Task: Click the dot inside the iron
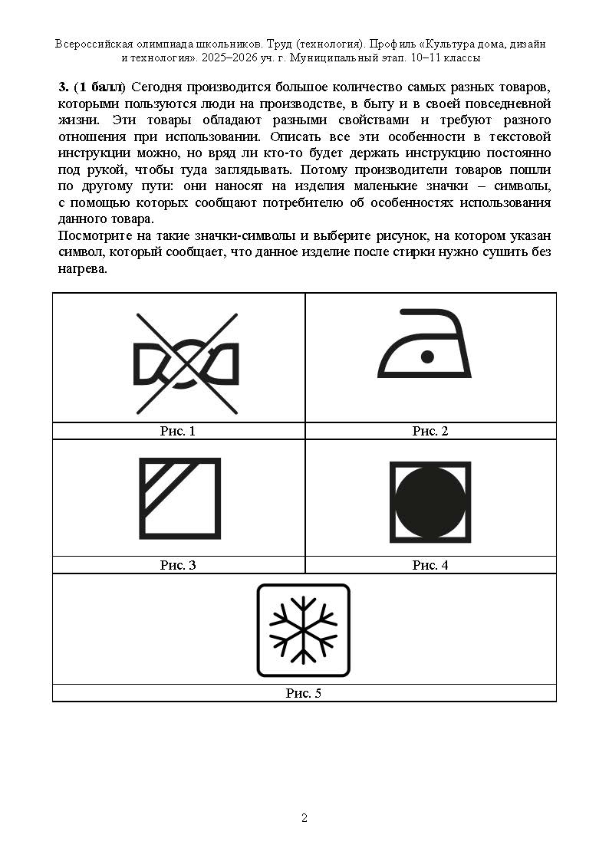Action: click(x=428, y=356)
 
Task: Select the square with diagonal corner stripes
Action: click(x=179, y=498)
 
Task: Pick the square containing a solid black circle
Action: click(x=430, y=499)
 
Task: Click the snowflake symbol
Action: click(x=303, y=631)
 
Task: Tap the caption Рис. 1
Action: click(x=178, y=431)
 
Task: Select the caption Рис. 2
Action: click(x=430, y=431)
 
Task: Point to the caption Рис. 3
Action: click(x=178, y=565)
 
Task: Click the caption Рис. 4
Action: click(x=430, y=565)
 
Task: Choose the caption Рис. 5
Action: click(x=304, y=693)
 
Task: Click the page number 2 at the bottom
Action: click(x=304, y=818)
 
